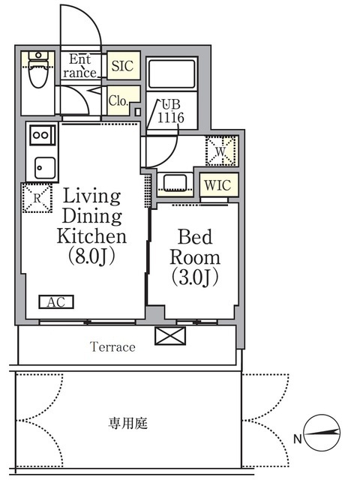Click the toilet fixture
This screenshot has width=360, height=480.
point(38,69)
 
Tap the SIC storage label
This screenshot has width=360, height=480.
point(122,66)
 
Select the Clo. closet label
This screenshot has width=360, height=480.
point(118,100)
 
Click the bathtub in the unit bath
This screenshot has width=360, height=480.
point(172,73)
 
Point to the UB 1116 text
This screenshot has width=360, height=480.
point(171,111)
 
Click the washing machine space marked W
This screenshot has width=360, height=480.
point(221,151)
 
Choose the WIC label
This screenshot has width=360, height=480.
point(217,185)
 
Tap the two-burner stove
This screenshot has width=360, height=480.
point(43,135)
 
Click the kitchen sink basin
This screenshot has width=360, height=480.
point(45,168)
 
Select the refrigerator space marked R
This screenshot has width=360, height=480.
point(37,198)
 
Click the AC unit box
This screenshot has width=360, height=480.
point(56,301)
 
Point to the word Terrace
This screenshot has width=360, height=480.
point(112,346)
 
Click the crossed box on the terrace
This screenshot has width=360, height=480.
point(170,336)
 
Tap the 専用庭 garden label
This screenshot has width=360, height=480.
point(128,423)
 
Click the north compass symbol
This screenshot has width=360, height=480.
point(322,433)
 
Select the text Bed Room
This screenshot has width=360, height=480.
point(195,247)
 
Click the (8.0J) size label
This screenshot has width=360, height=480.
point(91,256)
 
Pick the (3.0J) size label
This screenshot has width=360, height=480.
point(195,277)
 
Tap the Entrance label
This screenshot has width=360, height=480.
point(80,66)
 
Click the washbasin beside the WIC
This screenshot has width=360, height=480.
point(175,183)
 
